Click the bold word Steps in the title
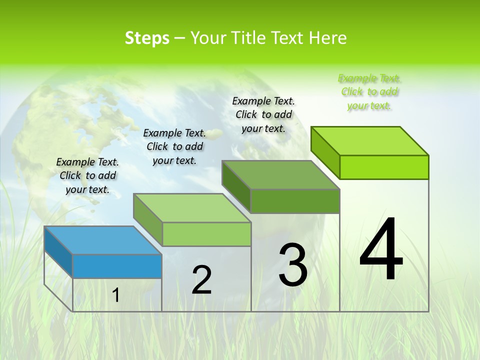tap(147, 38)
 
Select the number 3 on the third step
tap(293, 265)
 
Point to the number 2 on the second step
tap(201, 280)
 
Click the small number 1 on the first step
tap(115, 295)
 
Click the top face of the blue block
tap(102, 240)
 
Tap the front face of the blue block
tap(117, 266)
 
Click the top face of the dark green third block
tap(280, 175)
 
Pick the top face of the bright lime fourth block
tap(369, 141)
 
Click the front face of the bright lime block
tap(384, 167)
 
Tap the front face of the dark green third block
tap(295, 201)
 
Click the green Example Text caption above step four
tap(369, 91)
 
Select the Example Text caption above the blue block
tap(87, 175)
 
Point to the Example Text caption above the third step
tap(263, 114)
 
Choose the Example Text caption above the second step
tap(174, 146)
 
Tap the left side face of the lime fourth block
tap(325, 152)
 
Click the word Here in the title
tap(328, 38)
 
